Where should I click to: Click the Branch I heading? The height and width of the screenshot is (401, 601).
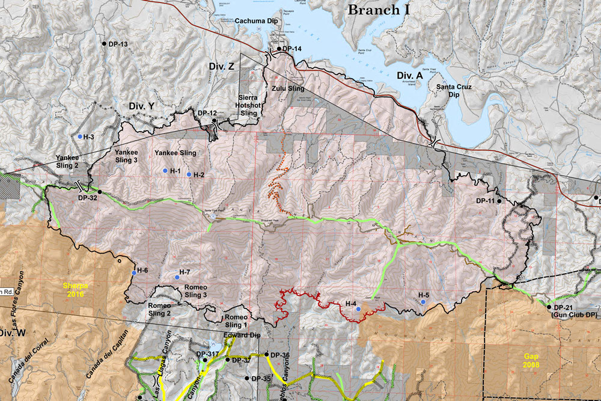click(382, 10)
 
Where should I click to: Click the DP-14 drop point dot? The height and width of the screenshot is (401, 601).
click(279, 48)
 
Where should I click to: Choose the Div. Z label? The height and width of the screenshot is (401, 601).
click(221, 66)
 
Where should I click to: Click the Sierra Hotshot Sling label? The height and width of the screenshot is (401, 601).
click(248, 105)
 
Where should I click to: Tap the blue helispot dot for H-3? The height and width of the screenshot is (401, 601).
click(79, 136)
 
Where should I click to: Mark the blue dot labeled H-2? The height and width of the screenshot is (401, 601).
click(189, 174)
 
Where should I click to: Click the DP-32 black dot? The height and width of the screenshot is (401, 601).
click(100, 192)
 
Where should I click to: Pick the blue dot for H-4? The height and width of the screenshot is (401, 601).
click(358, 308)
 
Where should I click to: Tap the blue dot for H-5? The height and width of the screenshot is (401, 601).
click(423, 302)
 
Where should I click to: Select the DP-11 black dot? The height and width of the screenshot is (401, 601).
click(499, 201)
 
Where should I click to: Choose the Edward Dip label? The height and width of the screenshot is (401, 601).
click(242, 335)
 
